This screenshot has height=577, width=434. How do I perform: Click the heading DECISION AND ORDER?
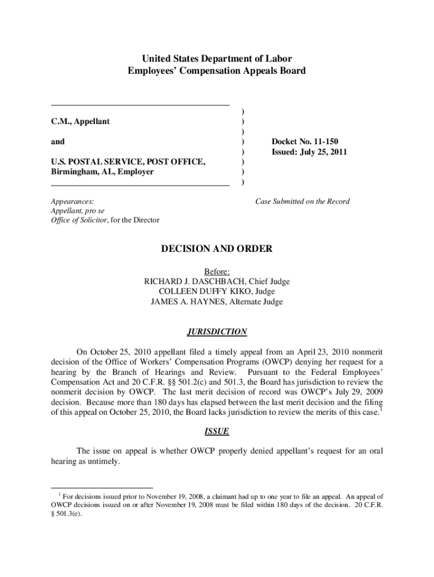click(217, 249)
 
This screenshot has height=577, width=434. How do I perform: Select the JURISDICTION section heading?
click(217, 332)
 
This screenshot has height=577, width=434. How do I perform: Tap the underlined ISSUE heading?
click(216, 431)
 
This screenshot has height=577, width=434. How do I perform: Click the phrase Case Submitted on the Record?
click(302, 201)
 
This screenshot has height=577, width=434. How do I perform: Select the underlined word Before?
click(216, 272)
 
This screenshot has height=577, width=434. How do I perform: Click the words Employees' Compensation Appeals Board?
click(216, 71)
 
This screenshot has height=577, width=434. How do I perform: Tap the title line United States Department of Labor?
click(216, 59)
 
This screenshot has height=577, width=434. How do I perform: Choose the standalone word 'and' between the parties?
click(57, 141)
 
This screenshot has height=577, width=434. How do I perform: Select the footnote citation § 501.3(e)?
click(68, 513)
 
